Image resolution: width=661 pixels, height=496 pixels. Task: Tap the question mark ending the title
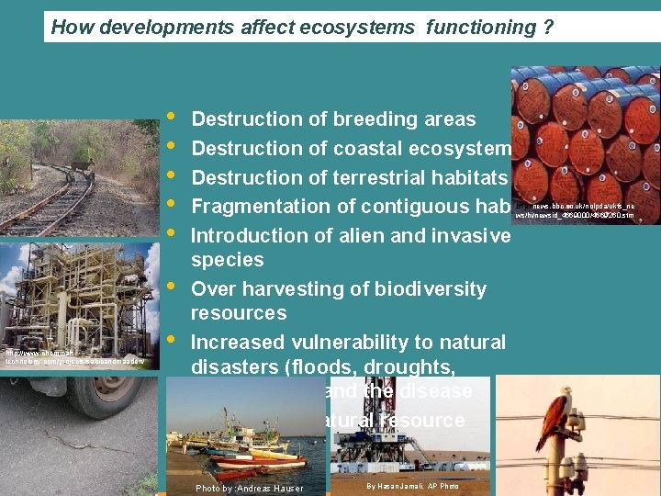548,28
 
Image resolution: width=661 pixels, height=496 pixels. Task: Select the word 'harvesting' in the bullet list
286,289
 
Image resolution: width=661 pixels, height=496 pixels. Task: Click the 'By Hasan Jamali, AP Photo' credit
412,486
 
